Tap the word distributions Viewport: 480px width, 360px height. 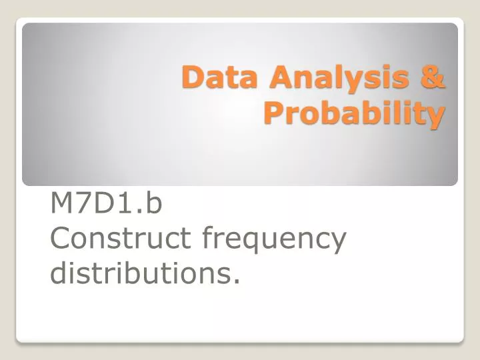[141, 273]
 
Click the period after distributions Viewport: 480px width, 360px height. [236, 281]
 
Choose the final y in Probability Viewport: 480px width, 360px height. [436, 116]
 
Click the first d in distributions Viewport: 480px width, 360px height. [59, 272]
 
